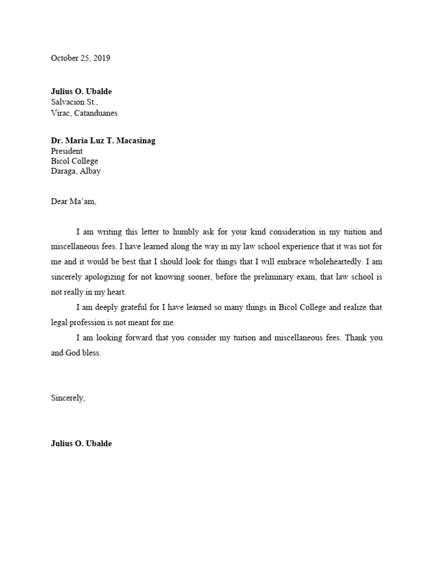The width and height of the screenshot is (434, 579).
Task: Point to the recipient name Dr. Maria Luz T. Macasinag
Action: click(103, 141)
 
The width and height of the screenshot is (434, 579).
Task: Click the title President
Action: click(67, 151)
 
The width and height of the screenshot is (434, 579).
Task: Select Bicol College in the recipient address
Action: click(74, 161)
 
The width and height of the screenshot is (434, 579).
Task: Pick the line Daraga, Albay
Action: click(76, 171)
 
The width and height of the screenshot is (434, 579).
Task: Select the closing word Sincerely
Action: click(68, 398)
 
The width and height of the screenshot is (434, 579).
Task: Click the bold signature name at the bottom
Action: click(81, 444)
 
